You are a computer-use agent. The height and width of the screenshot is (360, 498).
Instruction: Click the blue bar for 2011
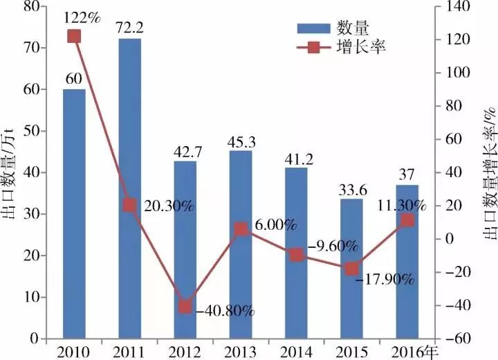[129, 188]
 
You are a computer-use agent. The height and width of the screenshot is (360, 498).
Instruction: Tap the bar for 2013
[240, 244]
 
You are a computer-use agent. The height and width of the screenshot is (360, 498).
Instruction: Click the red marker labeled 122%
[74, 36]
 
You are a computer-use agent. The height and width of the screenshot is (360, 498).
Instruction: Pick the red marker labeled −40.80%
[185, 307]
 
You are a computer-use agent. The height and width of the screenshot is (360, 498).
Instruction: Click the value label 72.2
[129, 28]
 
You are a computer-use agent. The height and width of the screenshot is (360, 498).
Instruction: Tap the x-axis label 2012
[185, 352]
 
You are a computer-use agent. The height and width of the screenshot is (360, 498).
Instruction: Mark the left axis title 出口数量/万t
[10, 173]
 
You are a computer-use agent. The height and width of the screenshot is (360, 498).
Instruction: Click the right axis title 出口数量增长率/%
[488, 173]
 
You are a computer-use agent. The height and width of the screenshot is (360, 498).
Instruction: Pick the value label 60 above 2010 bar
[74, 78]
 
